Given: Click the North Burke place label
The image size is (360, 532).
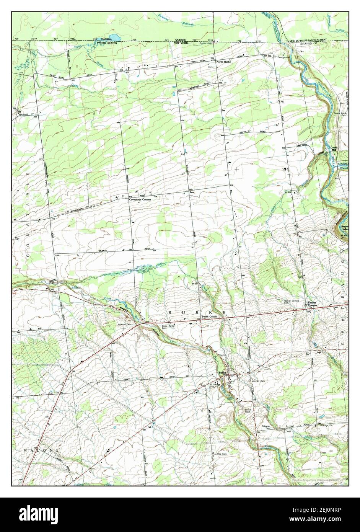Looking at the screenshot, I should tap(224, 62).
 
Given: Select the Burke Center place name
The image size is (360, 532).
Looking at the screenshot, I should tap(209, 317).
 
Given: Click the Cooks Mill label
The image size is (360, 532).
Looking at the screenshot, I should tap(331, 149).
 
